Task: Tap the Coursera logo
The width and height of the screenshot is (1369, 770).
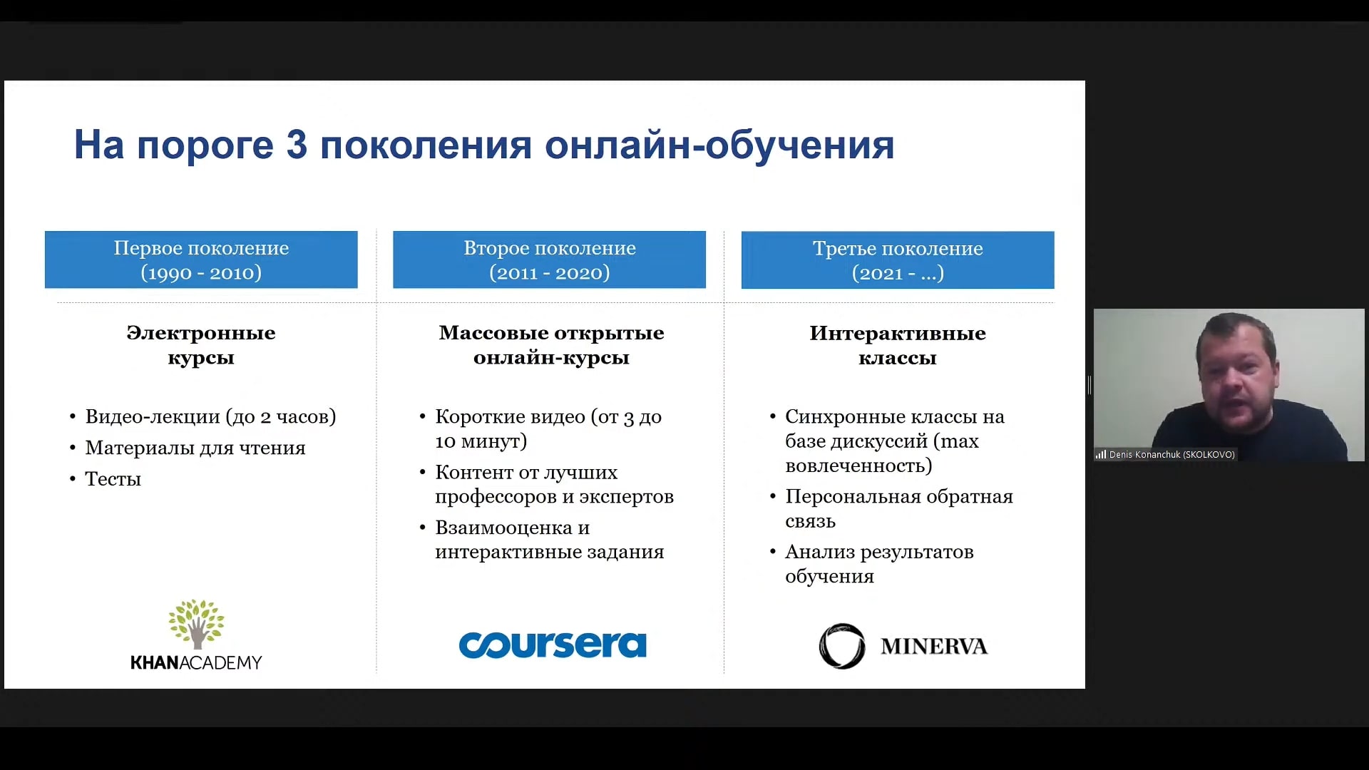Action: (553, 645)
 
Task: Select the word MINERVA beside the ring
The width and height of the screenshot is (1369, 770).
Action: (934, 647)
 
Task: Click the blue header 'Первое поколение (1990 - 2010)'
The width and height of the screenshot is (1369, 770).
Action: (201, 260)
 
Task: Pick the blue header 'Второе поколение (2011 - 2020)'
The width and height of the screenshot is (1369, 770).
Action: (549, 260)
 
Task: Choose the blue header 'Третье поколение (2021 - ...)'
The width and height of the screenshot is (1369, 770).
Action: (898, 260)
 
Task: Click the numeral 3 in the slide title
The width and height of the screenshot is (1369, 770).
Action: (297, 145)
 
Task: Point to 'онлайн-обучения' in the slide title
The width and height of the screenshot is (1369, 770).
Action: (719, 145)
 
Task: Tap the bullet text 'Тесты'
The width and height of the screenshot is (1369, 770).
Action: (113, 479)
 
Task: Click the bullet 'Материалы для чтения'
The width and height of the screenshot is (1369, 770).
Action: (195, 448)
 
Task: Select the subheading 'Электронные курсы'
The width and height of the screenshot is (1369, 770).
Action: (201, 345)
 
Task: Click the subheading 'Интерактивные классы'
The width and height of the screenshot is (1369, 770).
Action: (898, 345)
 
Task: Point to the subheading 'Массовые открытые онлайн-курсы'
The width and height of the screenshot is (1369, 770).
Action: (551, 345)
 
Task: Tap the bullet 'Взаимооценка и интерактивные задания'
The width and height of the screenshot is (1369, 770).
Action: (549, 540)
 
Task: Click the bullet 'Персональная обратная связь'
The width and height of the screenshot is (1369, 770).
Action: (898, 508)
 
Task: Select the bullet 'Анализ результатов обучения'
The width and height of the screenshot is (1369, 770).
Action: (879, 564)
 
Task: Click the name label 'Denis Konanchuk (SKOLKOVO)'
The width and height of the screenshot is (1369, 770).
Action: (1172, 455)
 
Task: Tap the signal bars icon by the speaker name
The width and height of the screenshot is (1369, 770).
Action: (1101, 455)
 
